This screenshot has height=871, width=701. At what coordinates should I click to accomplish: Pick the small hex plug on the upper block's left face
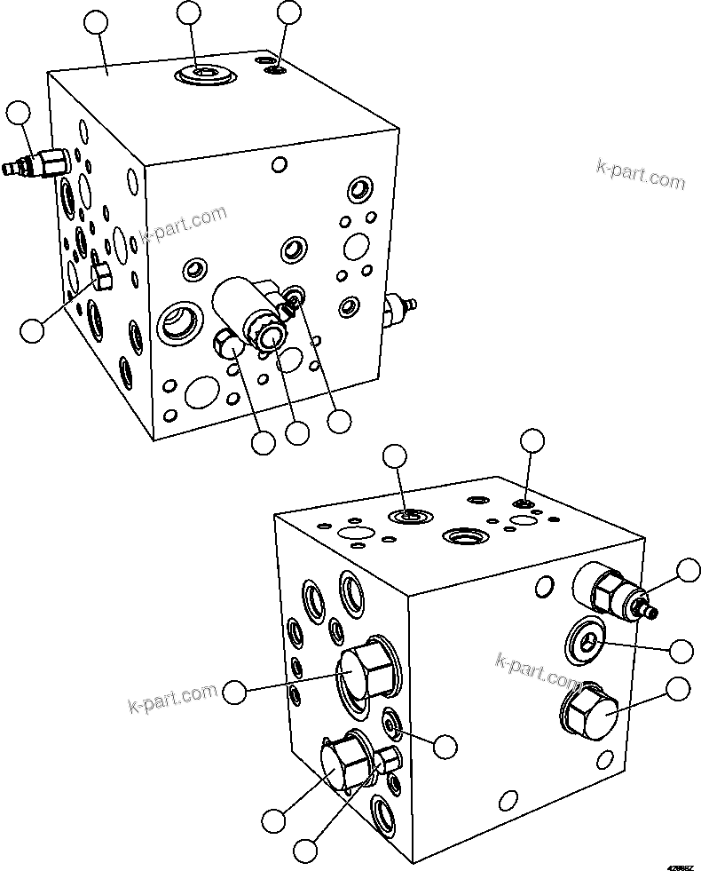coord(100,277)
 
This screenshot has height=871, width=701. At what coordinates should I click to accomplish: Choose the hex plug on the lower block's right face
coord(587,710)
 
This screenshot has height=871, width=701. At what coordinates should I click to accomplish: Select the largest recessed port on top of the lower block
coord(465,535)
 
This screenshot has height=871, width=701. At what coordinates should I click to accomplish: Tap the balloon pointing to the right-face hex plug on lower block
coord(678,689)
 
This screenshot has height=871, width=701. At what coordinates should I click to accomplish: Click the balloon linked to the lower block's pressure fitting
coord(689,571)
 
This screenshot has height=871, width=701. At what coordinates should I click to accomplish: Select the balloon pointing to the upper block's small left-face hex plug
coord(32,330)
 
